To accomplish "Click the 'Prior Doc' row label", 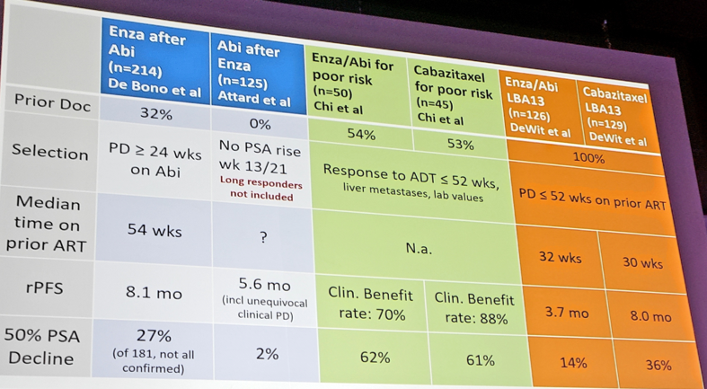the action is click(x=52, y=103).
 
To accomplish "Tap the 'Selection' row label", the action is click(x=49, y=152).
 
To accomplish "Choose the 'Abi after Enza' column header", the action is click(x=254, y=74).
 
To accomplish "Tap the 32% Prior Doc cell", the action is click(x=156, y=113).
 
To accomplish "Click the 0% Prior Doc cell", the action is click(x=260, y=123).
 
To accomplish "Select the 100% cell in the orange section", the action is click(x=588, y=159).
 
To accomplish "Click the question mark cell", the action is click(x=263, y=237).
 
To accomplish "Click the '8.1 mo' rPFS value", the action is click(x=155, y=294).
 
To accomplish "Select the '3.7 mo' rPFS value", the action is click(x=566, y=312).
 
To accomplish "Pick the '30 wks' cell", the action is click(x=642, y=262).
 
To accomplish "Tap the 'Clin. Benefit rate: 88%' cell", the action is click(x=474, y=309).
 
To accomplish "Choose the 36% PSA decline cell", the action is click(x=658, y=366).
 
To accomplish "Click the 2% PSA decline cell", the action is click(x=268, y=354).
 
